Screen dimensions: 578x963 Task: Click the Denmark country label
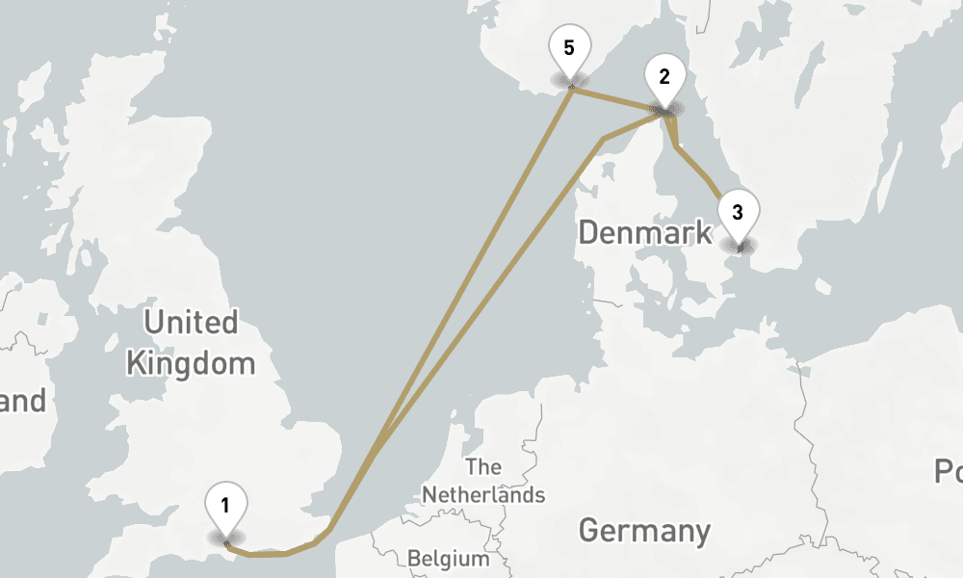coord(645,233)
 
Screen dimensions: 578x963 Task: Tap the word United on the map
coord(191,322)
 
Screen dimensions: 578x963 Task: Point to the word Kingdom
coord(191,364)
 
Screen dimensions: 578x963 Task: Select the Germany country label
coord(644,531)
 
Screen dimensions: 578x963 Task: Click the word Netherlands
coord(483,495)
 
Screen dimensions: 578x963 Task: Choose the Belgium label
coord(448,559)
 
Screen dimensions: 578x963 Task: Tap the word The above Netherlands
coord(482,467)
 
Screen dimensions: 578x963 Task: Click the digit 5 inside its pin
coord(569,47)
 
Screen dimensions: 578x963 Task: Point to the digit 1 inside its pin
coord(225,504)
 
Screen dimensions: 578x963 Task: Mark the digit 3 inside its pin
coord(737,211)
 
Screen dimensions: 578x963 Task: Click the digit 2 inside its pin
coord(664,76)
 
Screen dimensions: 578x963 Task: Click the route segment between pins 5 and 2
coord(616,100)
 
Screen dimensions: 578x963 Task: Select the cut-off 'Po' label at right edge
coord(949,472)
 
